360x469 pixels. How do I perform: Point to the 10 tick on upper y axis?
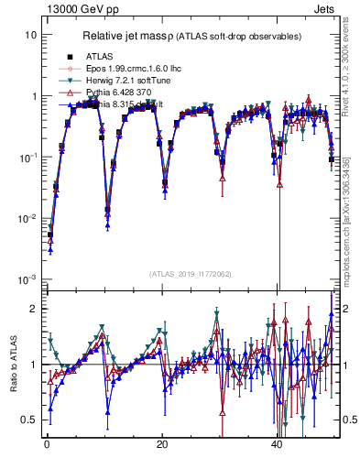30,35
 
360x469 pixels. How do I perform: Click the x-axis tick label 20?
162,445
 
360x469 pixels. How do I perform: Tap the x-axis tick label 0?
47,445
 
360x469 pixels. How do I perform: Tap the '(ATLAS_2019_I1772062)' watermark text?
190,273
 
